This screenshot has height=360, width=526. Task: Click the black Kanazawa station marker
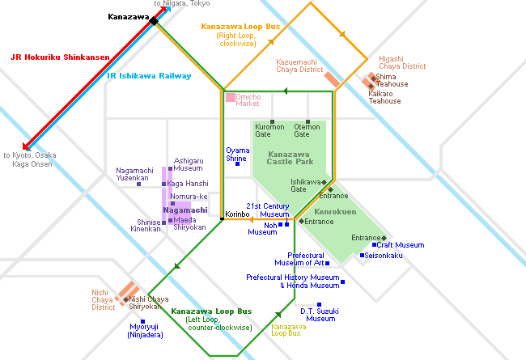click(154, 20)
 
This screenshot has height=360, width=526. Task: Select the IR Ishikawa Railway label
click(149, 76)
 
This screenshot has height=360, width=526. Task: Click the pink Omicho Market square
click(231, 98)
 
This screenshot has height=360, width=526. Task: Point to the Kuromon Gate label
click(269, 130)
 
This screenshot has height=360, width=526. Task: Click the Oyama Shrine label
click(237, 155)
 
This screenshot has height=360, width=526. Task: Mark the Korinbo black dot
click(221, 218)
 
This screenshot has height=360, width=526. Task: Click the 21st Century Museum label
click(268, 210)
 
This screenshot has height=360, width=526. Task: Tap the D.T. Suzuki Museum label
click(318, 315)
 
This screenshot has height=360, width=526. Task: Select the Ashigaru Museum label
click(188, 164)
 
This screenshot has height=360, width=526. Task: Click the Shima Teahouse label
click(392, 80)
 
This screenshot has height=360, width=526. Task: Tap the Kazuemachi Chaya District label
click(299, 66)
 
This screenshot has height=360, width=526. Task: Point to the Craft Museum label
click(400, 245)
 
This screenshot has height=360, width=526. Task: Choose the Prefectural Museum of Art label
click(299, 259)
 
